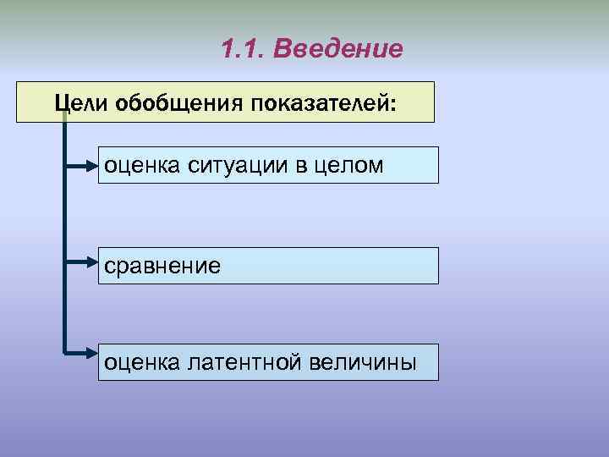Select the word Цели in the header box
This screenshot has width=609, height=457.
click(x=78, y=102)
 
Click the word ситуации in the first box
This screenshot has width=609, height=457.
click(x=233, y=165)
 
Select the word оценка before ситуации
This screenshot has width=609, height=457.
click(x=140, y=165)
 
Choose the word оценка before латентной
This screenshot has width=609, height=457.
click(x=140, y=362)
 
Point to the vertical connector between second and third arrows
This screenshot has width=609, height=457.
click(x=64, y=306)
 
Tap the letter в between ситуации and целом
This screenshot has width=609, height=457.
click(x=302, y=166)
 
